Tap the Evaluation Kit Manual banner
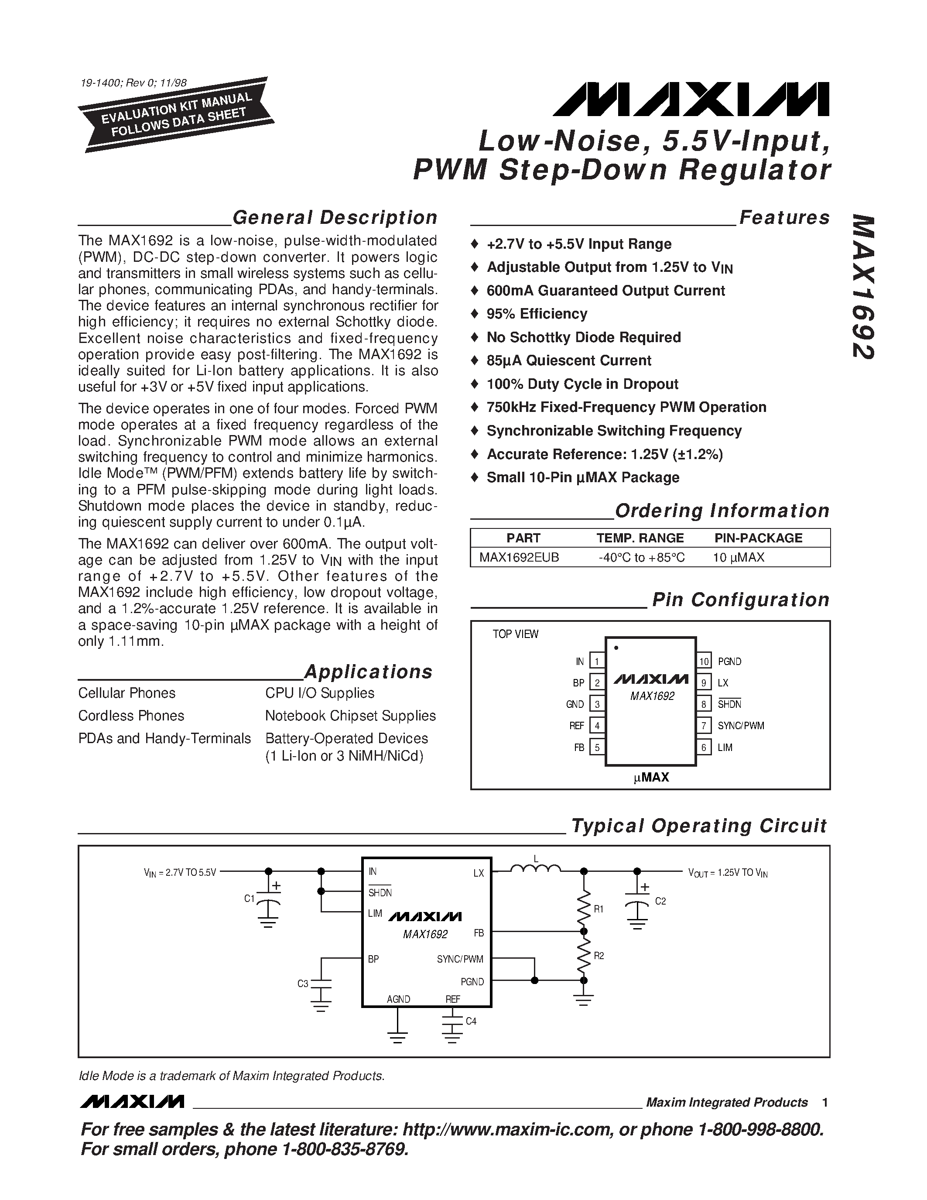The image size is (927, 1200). click(176, 114)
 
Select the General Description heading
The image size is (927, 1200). click(335, 218)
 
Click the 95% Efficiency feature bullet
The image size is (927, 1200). click(537, 314)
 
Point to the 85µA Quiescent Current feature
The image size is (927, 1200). click(568, 360)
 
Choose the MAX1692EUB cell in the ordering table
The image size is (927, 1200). click(519, 557)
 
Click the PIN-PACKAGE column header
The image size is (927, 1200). click(758, 538)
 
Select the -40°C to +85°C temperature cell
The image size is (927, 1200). click(641, 557)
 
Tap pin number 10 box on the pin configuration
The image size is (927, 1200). click(704, 661)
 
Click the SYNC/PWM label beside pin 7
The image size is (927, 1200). click(741, 725)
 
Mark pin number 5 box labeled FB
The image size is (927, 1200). click(596, 747)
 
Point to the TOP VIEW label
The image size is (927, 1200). click(515, 634)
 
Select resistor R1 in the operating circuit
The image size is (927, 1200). click(584, 907)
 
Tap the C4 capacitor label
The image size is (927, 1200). click(471, 1021)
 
